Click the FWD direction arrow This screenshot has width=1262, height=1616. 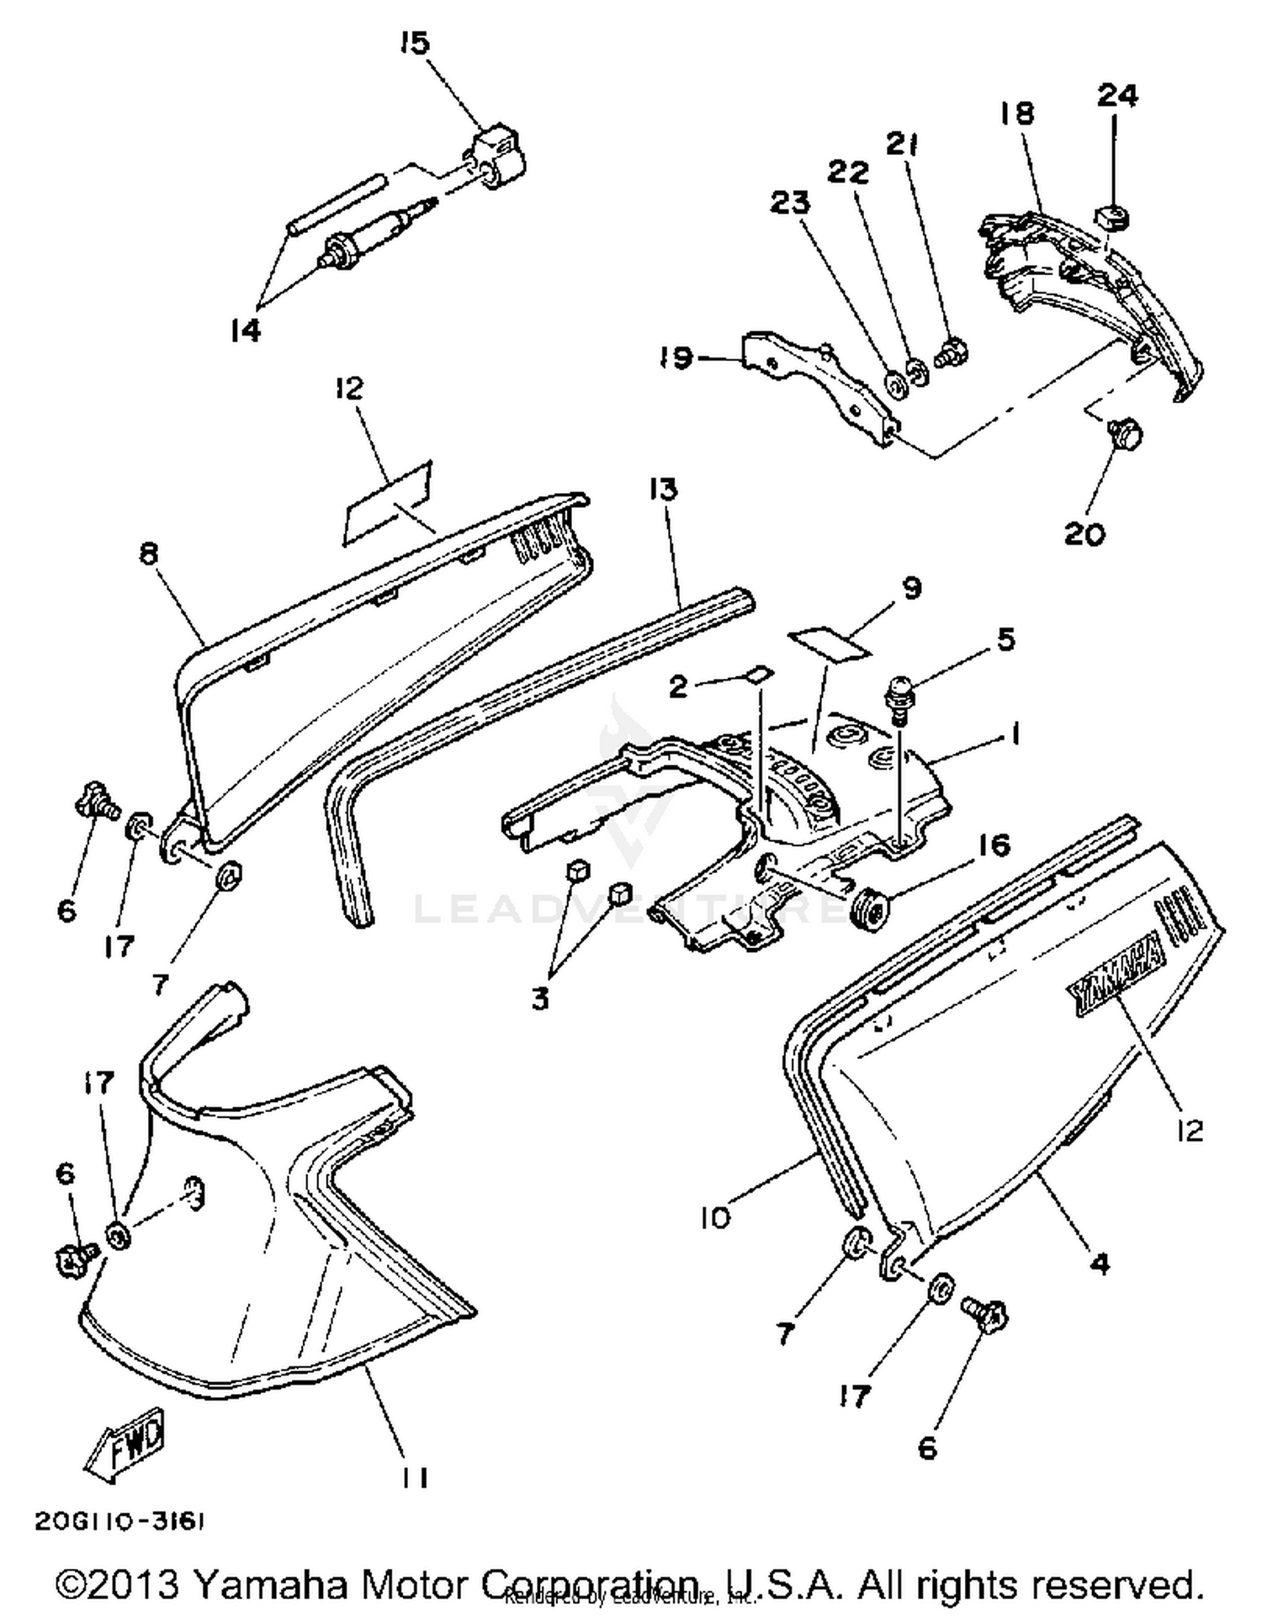126,1444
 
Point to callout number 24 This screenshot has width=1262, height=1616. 1117,95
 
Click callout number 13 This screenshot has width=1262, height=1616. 663,489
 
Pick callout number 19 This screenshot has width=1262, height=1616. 676,358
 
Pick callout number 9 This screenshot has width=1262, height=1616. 913,587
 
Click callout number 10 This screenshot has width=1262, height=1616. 717,1216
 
